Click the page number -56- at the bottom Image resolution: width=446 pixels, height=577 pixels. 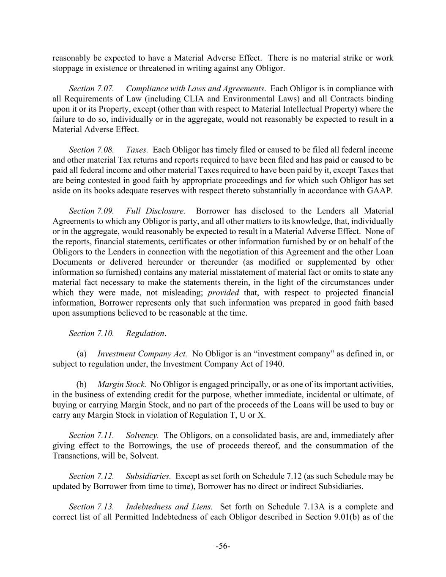[x=223, y=546]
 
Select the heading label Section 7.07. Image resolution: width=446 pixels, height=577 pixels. [x=91, y=88]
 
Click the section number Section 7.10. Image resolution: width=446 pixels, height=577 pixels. [x=91, y=333]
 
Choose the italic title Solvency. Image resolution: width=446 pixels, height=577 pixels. [x=142, y=435]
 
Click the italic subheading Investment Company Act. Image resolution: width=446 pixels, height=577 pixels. [x=142, y=354]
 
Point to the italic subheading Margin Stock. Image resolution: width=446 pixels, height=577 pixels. [x=122, y=384]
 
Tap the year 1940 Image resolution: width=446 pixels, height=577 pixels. [x=274, y=364]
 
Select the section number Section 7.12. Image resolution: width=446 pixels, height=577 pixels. [x=91, y=476]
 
